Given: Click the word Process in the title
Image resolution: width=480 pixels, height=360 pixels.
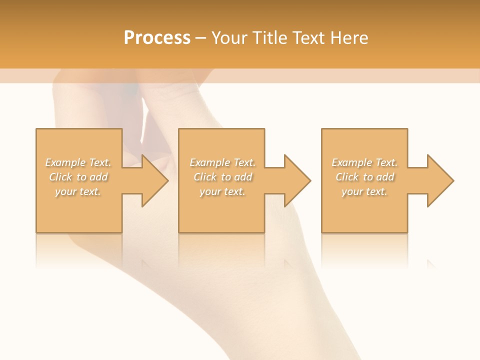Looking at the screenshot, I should tap(157, 38).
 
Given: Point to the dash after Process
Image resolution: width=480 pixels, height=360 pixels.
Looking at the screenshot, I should tap(200, 38).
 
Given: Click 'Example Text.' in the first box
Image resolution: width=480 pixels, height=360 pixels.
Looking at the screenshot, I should tap(78, 162).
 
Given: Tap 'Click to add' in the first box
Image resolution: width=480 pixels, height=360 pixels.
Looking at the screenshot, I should tap(78, 177).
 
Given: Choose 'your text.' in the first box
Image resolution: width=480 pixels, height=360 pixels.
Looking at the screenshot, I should tap(78, 191).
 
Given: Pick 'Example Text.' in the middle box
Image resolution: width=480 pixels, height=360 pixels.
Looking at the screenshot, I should tap(222, 162).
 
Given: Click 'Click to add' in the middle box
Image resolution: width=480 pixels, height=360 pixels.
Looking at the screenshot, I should tap(222, 177).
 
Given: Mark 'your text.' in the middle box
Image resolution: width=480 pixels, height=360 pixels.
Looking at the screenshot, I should tap(222, 191).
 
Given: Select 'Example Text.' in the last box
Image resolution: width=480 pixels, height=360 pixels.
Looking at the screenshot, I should tap(364, 162).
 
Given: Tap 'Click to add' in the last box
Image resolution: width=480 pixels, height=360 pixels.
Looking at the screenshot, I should tap(364, 177).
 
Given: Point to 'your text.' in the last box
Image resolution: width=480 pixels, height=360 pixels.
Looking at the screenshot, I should tap(364, 191).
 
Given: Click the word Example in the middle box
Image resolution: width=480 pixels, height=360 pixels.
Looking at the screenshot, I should tap(209, 162).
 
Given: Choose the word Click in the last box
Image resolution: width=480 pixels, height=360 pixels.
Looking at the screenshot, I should tap(347, 177).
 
